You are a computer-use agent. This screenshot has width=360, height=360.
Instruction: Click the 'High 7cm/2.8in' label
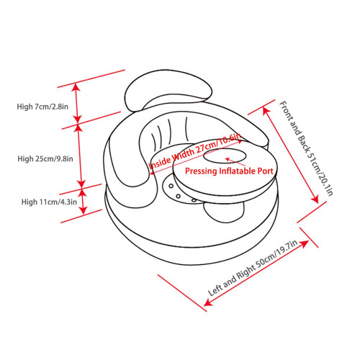click(42, 107)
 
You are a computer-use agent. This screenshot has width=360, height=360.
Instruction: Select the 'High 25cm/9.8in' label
click(45, 158)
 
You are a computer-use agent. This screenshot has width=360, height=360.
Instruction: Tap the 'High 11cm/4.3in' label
click(49, 202)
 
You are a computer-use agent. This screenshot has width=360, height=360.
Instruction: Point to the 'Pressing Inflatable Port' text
click(229, 171)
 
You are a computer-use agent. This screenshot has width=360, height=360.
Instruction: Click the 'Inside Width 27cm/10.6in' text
click(194, 152)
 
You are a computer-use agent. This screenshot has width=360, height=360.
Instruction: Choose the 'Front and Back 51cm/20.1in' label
click(306, 148)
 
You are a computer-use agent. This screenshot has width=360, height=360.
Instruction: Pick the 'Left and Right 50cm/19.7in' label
click(253, 268)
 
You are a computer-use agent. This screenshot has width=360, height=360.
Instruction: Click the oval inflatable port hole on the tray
click(225, 156)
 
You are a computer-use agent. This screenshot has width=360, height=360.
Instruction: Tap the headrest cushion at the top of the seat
click(168, 91)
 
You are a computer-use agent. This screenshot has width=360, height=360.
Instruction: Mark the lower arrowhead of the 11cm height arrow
click(83, 210)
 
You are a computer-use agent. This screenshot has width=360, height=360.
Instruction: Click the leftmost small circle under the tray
click(171, 186)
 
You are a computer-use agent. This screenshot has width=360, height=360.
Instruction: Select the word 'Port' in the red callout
click(266, 171)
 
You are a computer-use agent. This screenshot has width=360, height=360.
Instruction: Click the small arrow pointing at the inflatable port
click(235, 162)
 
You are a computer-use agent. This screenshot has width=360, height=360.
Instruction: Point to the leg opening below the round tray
click(224, 212)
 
